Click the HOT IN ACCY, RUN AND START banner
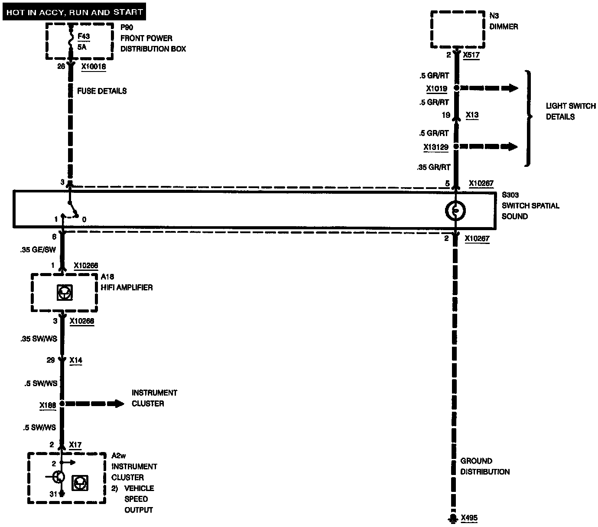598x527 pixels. click(74, 12)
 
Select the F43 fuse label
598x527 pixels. click(84, 37)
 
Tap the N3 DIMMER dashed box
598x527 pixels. click(458, 29)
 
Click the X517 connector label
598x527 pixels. click(471, 55)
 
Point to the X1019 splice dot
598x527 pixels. click(456, 88)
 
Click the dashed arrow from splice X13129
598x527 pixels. click(490, 146)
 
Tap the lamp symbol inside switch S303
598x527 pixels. click(455, 211)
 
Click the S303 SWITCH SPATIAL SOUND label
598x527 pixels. click(530, 206)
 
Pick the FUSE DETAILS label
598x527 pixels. click(102, 91)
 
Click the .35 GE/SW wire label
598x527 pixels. click(38, 250)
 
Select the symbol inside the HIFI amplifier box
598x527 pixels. click(64, 293)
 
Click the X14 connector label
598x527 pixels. click(75, 360)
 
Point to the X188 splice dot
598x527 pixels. click(62, 403)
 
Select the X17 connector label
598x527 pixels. click(75, 445)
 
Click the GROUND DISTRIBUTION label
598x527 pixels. click(484, 466)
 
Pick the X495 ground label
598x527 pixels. click(469, 517)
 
